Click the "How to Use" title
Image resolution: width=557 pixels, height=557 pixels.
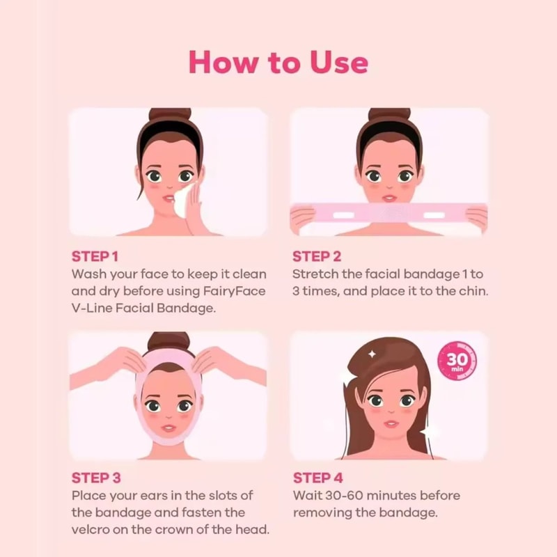[x=278, y=62]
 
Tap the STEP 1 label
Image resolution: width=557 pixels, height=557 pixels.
[x=95, y=256]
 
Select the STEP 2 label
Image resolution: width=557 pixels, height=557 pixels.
[x=317, y=256]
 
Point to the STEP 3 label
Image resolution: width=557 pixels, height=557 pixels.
[x=96, y=478]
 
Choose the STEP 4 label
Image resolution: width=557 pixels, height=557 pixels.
[x=318, y=478]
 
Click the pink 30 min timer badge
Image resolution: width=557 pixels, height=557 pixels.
[x=457, y=361]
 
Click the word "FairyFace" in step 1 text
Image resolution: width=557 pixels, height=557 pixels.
[x=235, y=291]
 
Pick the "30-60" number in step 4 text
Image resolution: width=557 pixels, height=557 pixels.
[x=343, y=496]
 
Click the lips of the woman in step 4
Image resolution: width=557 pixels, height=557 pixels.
[x=391, y=424]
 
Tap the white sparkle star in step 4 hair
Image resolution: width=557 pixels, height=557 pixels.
[x=372, y=354]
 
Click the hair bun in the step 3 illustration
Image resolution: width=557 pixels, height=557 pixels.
[x=168, y=341]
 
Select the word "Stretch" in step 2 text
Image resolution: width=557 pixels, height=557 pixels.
[x=315, y=274]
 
